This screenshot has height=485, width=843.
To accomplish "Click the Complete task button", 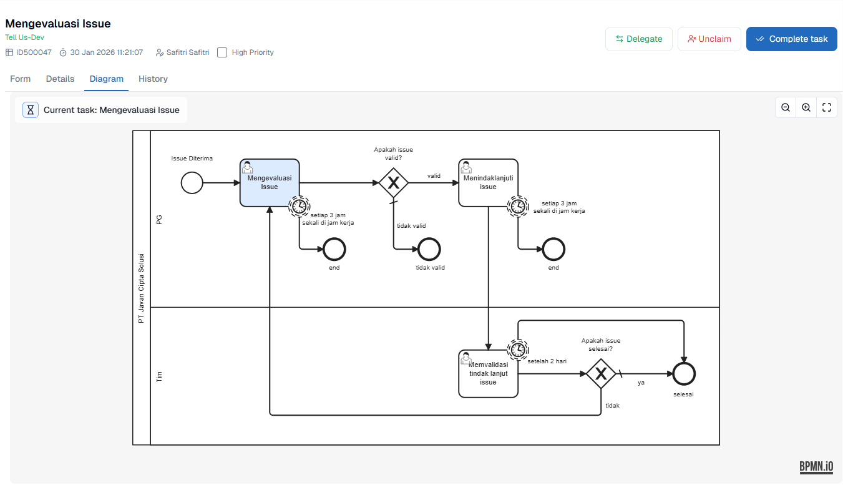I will coord(791,39).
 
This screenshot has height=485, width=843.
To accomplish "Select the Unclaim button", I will coord(709,39).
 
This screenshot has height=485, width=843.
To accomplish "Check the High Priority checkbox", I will coord(222,52).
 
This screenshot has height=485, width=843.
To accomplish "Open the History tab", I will coord(153,79).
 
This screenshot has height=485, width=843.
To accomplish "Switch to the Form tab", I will coord(21,79).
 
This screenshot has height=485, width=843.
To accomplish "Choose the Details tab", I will coord(60,79).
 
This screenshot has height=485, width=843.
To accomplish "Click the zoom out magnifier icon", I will coord(786,107).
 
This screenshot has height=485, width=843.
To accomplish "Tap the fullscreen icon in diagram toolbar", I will coord(827,107).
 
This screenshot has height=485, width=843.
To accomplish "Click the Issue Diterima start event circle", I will coord(192,183).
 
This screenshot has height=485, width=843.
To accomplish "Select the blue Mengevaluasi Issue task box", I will coord(270,182).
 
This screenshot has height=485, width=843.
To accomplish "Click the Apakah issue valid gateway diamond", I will coord(394,183).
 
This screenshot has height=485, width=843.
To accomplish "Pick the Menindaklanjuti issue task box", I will coord(488,182).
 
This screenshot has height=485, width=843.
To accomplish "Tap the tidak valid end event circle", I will coord(429,249).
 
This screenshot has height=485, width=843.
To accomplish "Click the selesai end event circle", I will coord(684,374).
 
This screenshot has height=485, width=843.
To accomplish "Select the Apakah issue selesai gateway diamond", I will coord(601,374).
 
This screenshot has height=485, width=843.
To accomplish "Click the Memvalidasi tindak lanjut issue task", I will coord(488,374).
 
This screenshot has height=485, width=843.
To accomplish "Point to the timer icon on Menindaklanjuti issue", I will coord(517,205).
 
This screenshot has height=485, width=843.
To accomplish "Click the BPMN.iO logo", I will coord(816,467).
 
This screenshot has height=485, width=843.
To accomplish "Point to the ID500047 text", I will coord(34,52).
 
